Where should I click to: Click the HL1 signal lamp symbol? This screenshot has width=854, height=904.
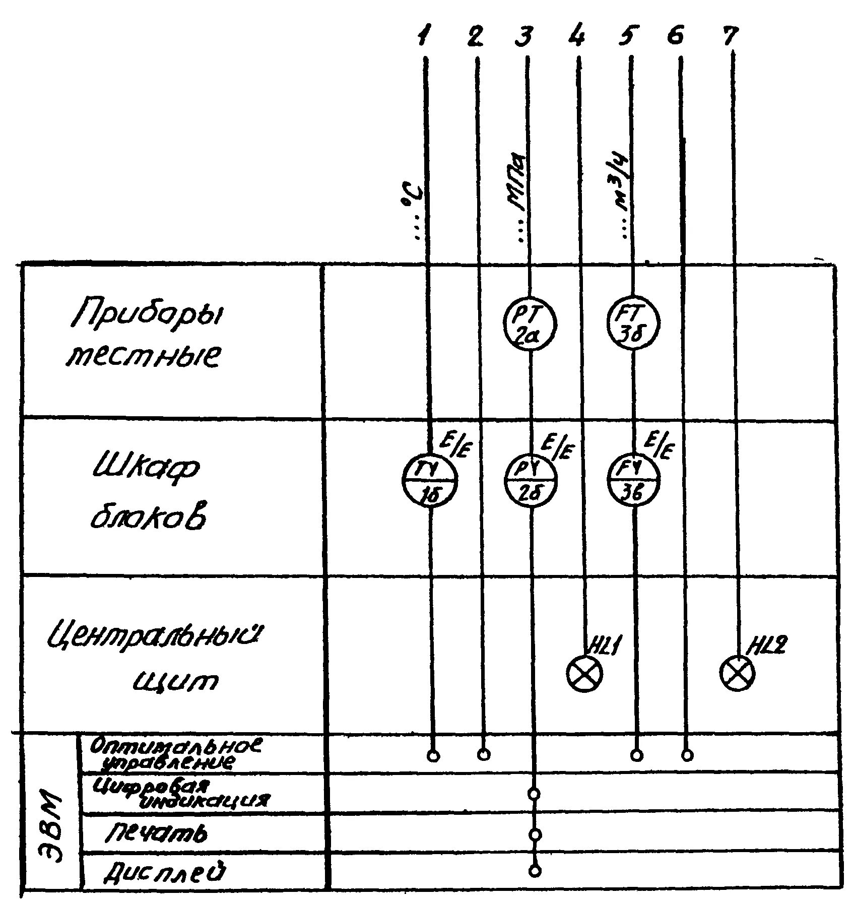pos(584,674)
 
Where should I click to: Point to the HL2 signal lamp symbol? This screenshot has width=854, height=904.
pos(738,674)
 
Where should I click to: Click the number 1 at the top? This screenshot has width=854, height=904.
pos(425,37)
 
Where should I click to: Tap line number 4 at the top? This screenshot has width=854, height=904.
pos(577,37)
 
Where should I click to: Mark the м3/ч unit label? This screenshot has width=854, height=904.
pos(624,202)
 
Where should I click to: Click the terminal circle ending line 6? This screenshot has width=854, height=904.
pos(687,755)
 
